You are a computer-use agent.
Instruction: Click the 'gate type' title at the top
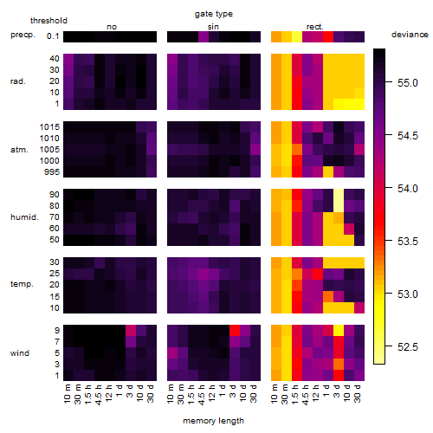point(214,14)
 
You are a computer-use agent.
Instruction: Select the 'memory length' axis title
point(213,421)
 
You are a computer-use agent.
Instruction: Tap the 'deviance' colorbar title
point(410,35)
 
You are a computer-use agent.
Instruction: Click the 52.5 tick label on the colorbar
point(408,346)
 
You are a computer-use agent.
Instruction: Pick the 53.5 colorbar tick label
point(408,241)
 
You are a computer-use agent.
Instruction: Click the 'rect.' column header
point(315,27)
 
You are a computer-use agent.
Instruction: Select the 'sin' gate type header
point(213,27)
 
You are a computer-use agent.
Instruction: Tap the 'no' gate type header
point(112,27)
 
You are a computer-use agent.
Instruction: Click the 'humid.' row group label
point(24,217)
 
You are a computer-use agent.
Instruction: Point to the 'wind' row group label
point(20,353)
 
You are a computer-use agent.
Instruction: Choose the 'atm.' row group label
point(19,150)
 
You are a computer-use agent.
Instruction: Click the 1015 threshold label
point(49,127)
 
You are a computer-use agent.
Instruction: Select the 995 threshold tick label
point(52,172)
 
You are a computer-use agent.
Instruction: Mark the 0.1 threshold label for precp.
point(53,36)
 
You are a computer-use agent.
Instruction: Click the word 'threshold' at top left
point(48,21)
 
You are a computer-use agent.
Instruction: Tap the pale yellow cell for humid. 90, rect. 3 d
point(339,200)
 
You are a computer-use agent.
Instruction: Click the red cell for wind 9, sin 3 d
point(235,330)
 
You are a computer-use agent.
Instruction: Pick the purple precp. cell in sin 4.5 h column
point(204,36)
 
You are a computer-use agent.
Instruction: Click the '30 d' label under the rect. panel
point(358,394)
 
